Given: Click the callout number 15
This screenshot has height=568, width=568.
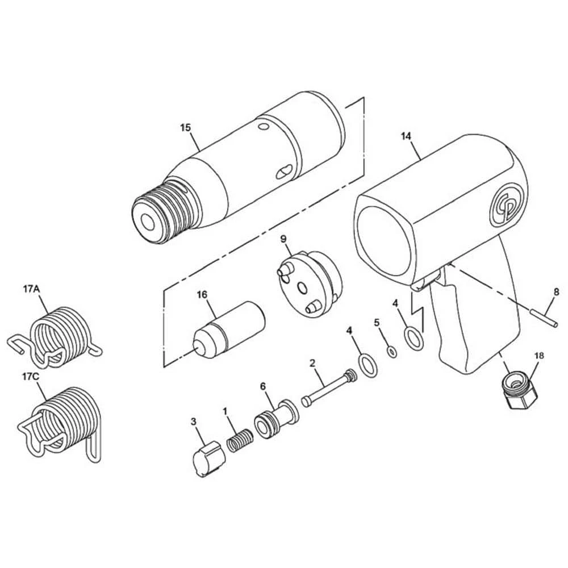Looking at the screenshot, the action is pyautogui.click(x=185, y=127).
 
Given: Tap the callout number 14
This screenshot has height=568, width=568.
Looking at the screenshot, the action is pyautogui.click(x=406, y=136).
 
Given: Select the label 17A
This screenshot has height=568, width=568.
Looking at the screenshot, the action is pyautogui.click(x=31, y=289).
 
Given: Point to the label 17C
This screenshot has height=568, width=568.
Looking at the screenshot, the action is pyautogui.click(x=31, y=377).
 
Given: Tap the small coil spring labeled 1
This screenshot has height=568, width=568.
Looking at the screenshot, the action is pyautogui.click(x=240, y=440).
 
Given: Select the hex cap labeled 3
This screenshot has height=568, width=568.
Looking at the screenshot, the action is pyautogui.click(x=208, y=458).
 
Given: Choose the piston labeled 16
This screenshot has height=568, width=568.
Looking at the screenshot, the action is pyautogui.click(x=229, y=329).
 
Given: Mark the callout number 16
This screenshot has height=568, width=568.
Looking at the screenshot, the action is pyautogui.click(x=202, y=294).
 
